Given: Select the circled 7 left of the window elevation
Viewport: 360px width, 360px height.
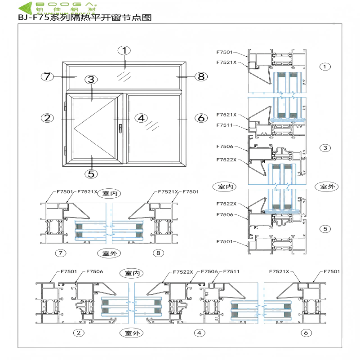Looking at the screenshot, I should click(47, 76).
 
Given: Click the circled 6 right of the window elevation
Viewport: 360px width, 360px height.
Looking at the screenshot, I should click(201, 118).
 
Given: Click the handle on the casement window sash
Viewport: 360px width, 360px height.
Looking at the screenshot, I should click(120, 128).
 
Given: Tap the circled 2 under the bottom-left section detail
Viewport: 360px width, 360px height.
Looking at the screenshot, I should click(79, 333).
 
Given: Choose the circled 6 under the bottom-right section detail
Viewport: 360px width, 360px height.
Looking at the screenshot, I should click(306, 333).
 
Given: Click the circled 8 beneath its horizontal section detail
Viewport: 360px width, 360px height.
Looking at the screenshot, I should click(158, 253).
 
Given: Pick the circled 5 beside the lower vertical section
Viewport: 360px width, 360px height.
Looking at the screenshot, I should click(324, 229).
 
